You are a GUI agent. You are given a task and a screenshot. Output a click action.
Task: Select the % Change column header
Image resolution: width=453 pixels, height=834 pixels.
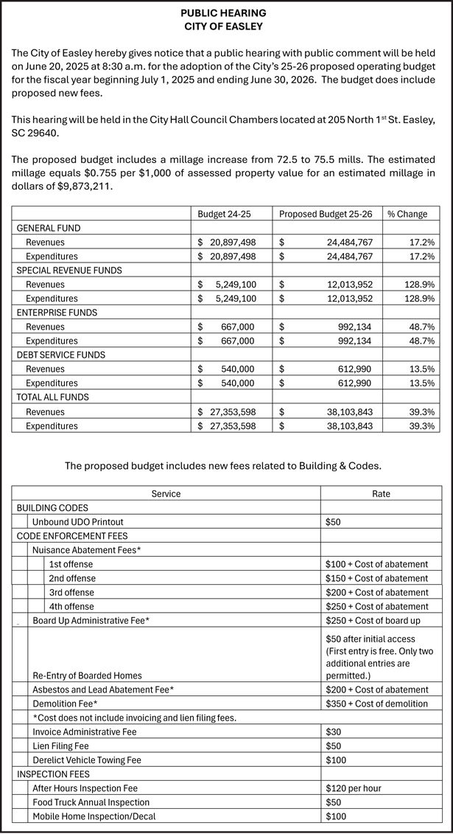407,214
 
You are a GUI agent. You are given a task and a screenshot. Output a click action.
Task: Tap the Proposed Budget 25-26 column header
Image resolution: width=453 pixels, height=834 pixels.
325,214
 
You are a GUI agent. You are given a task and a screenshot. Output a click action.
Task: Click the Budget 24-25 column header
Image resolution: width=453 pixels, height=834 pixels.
225,214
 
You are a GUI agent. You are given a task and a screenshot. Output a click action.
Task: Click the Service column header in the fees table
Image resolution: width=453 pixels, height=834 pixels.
166,493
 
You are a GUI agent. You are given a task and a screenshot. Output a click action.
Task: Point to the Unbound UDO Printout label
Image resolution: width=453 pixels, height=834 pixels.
77,521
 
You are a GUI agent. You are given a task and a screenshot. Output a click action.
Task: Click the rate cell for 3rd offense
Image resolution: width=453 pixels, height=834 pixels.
376,592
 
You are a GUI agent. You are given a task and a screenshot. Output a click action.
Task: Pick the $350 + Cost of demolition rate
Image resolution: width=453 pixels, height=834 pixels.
376,703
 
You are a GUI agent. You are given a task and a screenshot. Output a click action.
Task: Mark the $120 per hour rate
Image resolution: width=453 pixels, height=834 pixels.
353,788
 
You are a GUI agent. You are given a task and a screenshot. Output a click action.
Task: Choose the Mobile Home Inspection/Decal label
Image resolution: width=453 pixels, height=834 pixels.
94,816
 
